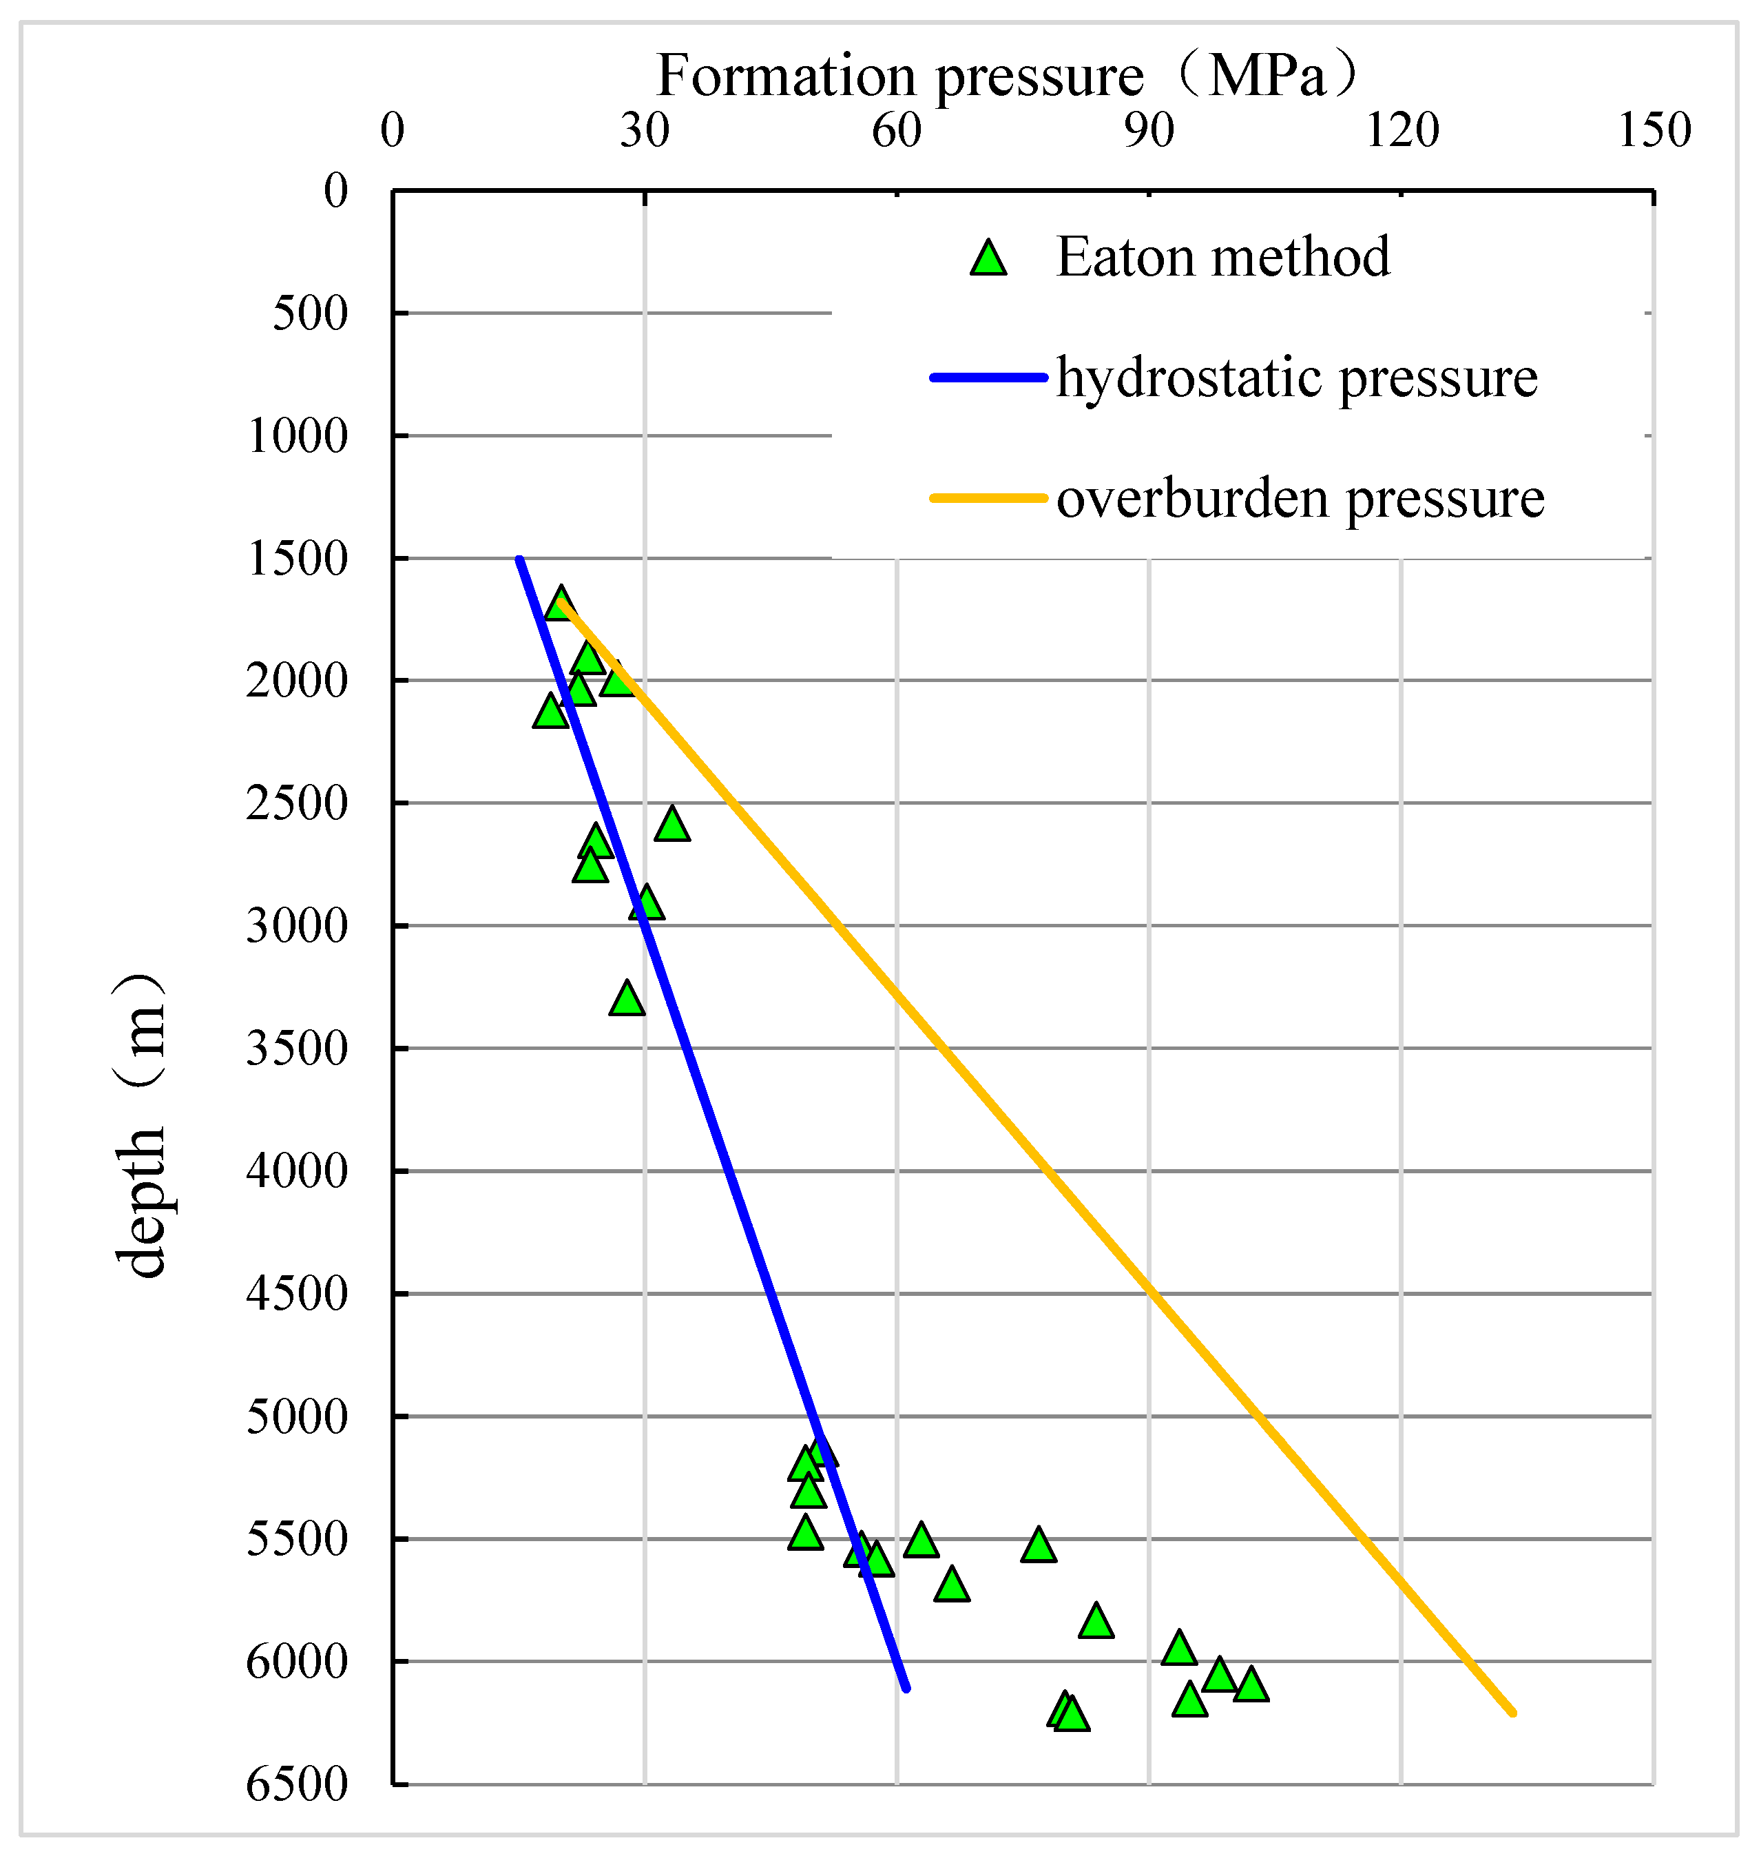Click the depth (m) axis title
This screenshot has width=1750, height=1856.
(140, 1125)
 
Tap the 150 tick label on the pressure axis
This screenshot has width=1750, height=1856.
(1654, 131)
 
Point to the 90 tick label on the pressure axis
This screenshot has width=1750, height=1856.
(1149, 131)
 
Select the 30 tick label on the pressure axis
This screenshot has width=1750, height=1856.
(645, 131)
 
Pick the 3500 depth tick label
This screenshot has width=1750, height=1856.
(297, 1049)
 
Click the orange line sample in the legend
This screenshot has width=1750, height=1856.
(988, 499)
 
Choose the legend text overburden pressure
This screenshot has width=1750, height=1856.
(1300, 499)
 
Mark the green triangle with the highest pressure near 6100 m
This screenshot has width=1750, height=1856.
(1251, 1686)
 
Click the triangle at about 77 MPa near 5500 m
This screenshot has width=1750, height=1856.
(1039, 1546)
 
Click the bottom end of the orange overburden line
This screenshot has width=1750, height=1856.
(1514, 1714)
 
